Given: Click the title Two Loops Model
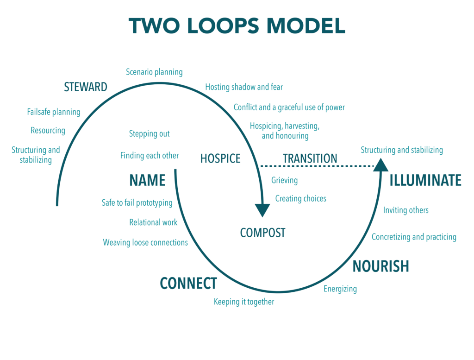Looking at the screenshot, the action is [237, 26].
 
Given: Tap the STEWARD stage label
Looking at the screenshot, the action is [86, 87].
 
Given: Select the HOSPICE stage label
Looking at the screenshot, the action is [220, 158].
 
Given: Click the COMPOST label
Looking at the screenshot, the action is [263, 233].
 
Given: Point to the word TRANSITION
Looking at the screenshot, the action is [310, 158].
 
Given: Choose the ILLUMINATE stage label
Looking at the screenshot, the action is [425, 180].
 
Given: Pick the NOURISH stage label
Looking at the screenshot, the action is [381, 266].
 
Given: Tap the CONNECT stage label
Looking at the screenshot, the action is [188, 284].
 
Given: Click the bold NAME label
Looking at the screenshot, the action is [148, 180].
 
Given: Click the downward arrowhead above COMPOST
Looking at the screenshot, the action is [262, 210].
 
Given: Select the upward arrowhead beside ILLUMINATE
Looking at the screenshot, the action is [381, 165].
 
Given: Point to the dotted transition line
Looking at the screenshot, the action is [317, 166].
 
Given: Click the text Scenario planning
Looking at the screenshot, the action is [154, 72].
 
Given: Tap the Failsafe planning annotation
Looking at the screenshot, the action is [54, 112].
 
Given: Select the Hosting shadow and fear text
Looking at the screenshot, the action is [244, 87].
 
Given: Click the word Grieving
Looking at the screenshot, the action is [285, 180].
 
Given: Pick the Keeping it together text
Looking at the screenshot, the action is [244, 302].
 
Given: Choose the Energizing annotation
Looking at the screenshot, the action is [340, 289].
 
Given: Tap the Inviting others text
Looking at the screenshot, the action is [406, 210].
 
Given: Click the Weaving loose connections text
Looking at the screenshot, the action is [145, 243].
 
